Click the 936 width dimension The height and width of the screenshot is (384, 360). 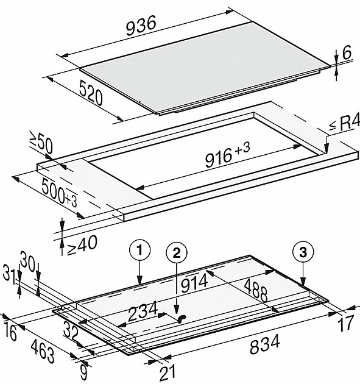(141, 25)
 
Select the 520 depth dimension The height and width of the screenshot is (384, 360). (91, 93)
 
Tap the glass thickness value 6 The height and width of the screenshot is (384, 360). (347, 52)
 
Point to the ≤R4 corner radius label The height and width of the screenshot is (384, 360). (344, 123)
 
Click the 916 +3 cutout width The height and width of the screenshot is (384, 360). (227, 155)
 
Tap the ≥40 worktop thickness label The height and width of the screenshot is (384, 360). (82, 245)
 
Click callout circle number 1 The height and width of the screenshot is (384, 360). (139, 251)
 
